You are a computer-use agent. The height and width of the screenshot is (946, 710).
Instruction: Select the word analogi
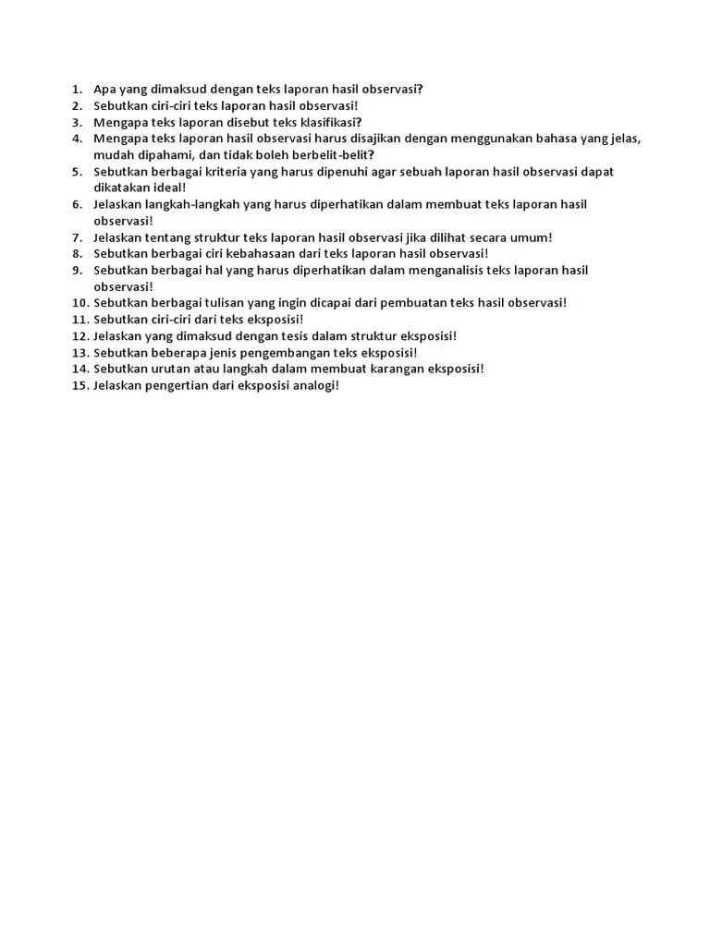pos(314,385)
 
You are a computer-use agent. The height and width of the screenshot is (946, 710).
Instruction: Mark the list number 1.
pos(75,90)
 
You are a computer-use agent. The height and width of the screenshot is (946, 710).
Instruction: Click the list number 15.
pos(79,385)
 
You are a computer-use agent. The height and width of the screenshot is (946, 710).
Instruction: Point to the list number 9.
pos(77,270)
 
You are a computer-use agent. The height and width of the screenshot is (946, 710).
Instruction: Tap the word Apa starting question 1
pos(104,90)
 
